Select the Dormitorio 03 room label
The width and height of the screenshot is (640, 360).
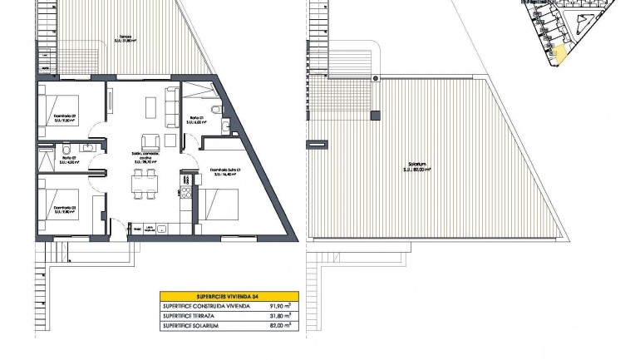click(x=63, y=210)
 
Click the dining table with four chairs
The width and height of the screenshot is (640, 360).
click(x=146, y=182)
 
